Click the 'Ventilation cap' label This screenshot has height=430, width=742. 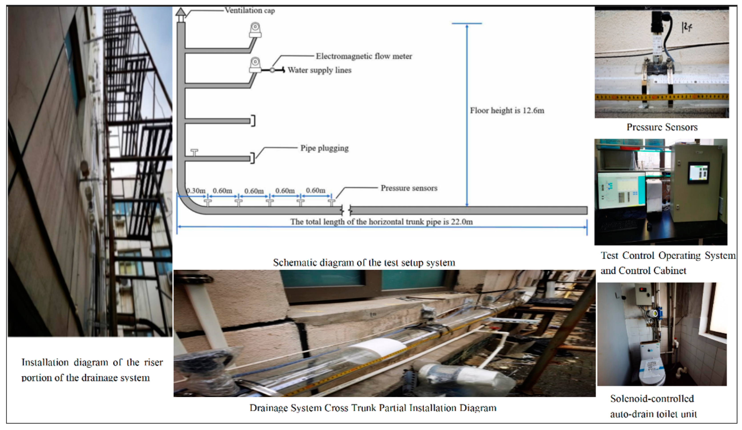tap(250, 11)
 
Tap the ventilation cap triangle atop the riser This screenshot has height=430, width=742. tap(181, 12)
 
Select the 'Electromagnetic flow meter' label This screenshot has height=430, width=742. tap(364, 56)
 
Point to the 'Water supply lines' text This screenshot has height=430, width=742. tap(320, 70)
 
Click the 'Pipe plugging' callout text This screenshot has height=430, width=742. tap(324, 148)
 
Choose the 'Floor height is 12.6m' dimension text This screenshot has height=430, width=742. tap(507, 111)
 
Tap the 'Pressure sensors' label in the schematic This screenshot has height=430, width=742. tap(409, 188)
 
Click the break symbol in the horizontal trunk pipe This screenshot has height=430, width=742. tap(346, 210)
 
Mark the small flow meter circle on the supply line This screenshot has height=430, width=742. tap(272, 70)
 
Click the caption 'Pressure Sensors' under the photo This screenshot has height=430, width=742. tap(662, 127)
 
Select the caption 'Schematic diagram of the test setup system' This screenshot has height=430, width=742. tap(364, 263)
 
